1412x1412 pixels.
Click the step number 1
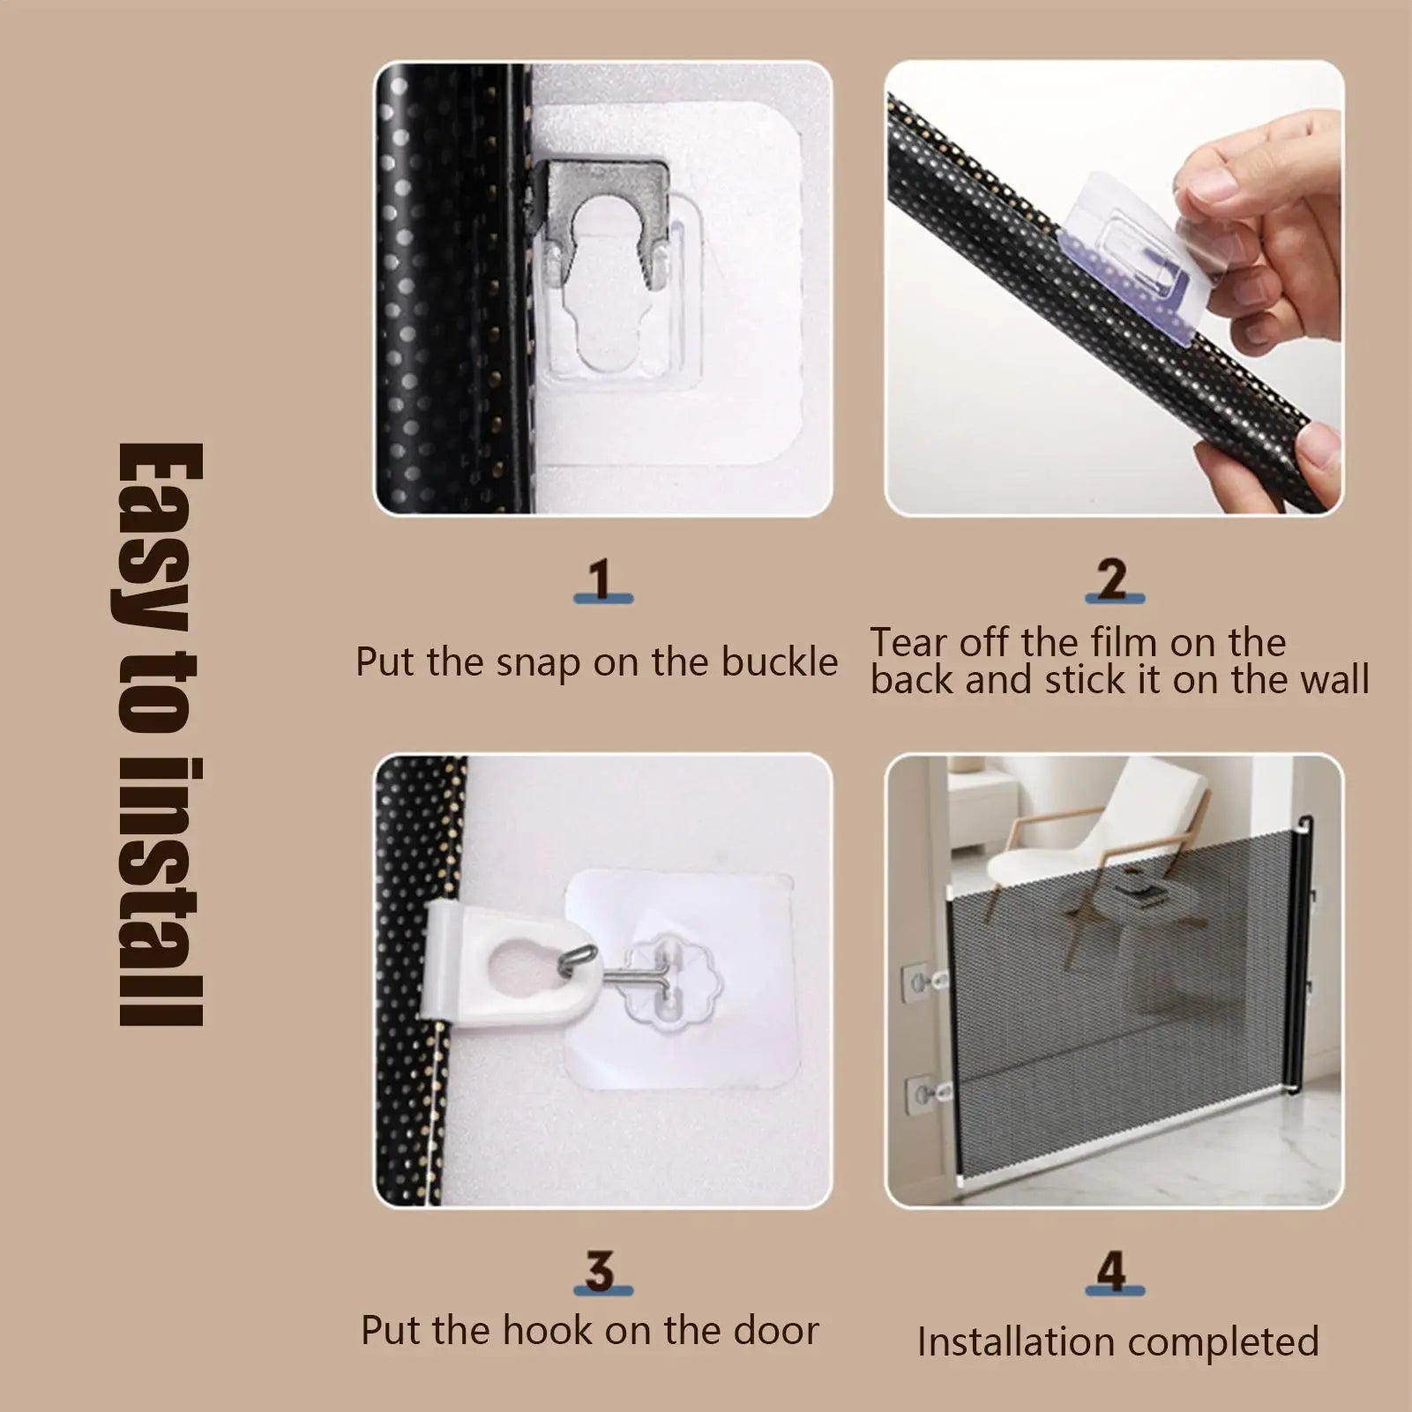(x=601, y=579)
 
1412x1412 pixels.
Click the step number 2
(x=1113, y=579)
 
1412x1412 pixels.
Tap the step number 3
(x=601, y=1271)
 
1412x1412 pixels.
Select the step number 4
(x=1112, y=1271)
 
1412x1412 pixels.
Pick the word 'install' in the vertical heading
(x=161, y=891)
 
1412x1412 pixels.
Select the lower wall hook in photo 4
(x=926, y=1094)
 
